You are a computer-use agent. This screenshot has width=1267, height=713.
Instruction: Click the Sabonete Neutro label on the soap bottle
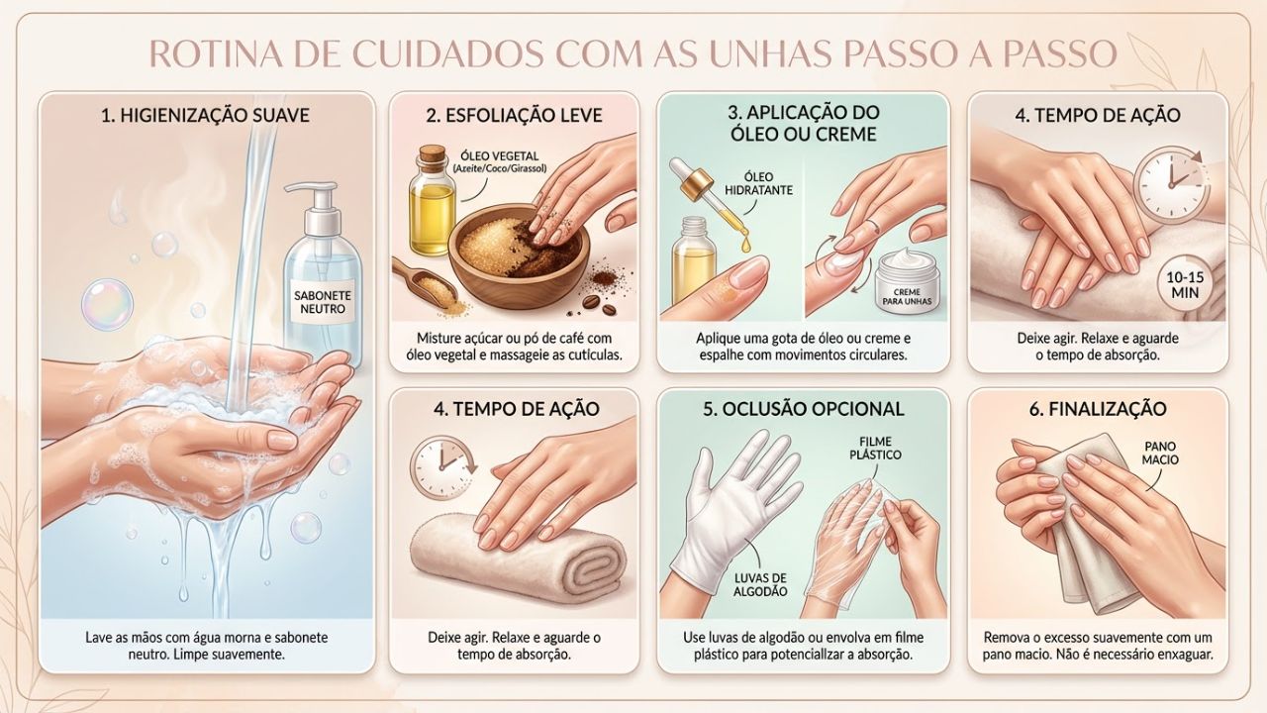(x=324, y=303)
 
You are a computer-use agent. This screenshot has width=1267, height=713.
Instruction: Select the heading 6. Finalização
(x=1098, y=409)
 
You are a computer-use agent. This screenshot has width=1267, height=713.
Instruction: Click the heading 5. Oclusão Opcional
(x=803, y=409)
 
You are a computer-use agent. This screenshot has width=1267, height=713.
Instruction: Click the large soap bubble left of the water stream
(x=107, y=303)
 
